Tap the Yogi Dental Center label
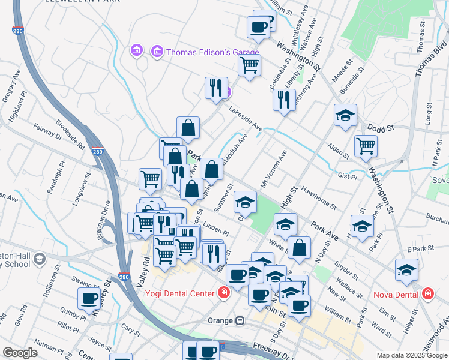(x=179, y=293)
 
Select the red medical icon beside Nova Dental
(x=427, y=294)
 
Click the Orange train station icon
(x=240, y=320)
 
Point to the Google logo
(x=20, y=352)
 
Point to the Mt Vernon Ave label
(x=273, y=169)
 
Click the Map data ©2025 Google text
(x=411, y=355)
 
